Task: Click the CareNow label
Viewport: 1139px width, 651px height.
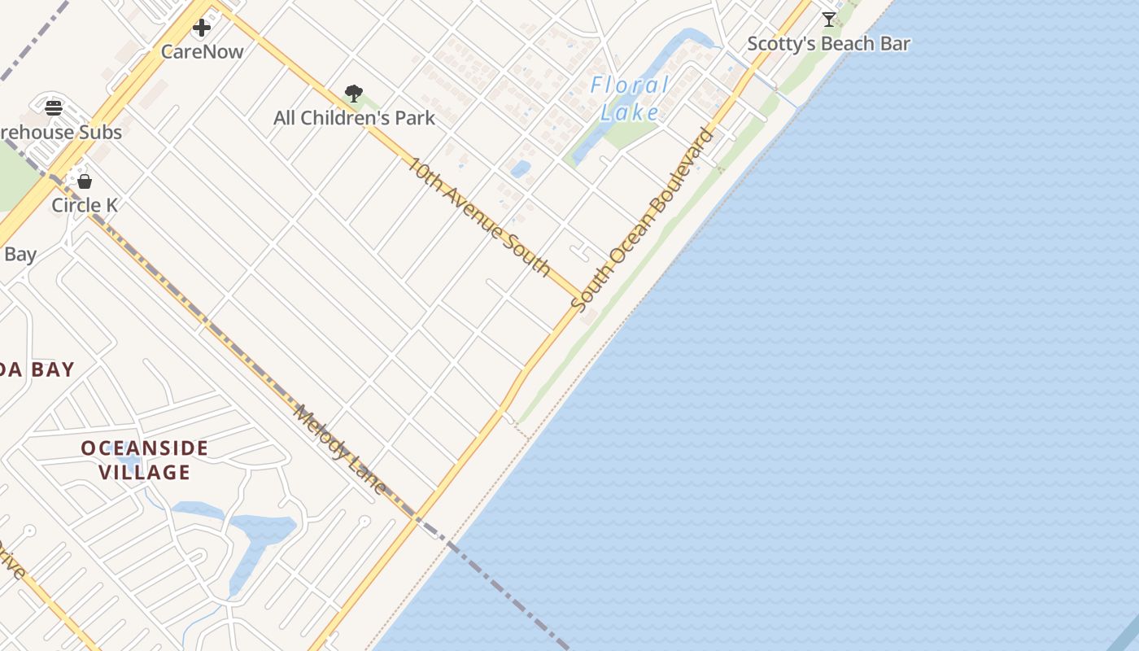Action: [x=202, y=51]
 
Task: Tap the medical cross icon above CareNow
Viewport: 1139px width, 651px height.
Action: [x=202, y=28]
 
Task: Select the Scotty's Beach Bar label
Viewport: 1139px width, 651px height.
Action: [x=828, y=44]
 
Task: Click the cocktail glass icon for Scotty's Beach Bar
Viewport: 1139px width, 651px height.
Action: [x=828, y=20]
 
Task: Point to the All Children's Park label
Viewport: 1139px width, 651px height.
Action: [x=354, y=118]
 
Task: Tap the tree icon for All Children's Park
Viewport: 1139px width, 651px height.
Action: [x=353, y=94]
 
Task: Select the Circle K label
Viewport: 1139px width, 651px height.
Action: [x=85, y=205]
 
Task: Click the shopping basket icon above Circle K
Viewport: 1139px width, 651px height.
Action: [x=85, y=181]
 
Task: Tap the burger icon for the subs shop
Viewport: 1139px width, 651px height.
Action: [x=54, y=108]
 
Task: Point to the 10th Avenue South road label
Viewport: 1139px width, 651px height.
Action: [x=479, y=216]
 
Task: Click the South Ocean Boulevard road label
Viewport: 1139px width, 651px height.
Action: [x=643, y=221]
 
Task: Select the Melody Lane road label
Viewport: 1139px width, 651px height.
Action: [x=340, y=449]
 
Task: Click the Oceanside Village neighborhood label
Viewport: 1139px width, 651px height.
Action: [x=145, y=460]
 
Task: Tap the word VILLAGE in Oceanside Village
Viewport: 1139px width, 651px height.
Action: [x=145, y=472]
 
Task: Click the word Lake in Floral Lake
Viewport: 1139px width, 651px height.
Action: [x=629, y=112]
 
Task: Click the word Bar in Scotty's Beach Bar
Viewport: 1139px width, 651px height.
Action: [x=895, y=44]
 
